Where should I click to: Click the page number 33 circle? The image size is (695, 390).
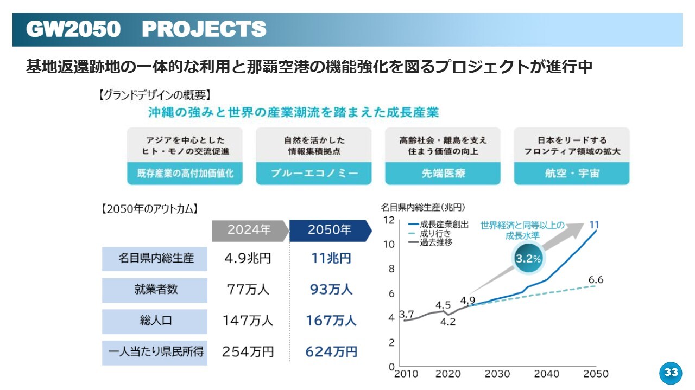click(x=671, y=372)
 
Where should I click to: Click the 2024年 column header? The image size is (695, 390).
click(x=249, y=230)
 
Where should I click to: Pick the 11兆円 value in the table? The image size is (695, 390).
click(x=331, y=258)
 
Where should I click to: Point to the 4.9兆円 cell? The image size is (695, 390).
click(x=248, y=258)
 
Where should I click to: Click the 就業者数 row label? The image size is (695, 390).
click(x=155, y=290)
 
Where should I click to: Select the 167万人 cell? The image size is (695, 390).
click(x=331, y=321)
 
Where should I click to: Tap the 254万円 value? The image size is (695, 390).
click(x=248, y=352)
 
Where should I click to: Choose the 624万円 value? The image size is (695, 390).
click(x=331, y=352)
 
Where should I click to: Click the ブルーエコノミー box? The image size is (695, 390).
click(x=314, y=173)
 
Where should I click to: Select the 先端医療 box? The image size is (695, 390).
click(x=443, y=173)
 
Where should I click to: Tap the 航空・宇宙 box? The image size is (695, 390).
click(x=572, y=173)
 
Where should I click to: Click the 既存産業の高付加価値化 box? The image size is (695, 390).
click(x=185, y=173)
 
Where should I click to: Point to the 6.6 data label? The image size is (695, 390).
click(x=596, y=280)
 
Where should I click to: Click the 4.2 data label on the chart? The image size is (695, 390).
click(x=448, y=322)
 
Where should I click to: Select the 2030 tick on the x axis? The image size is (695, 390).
click(x=497, y=374)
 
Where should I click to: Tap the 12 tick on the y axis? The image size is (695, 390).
click(x=388, y=220)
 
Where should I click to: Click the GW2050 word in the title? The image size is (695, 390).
click(x=73, y=30)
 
